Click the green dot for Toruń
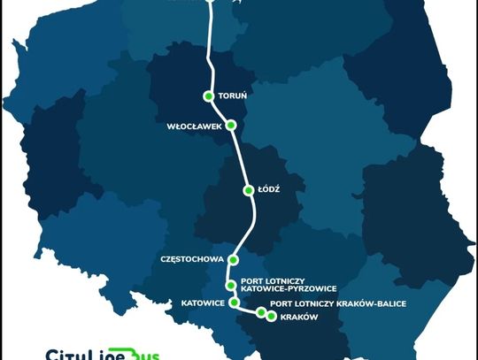(x=209, y=96)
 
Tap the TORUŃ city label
(x=232, y=96)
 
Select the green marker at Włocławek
(x=231, y=126)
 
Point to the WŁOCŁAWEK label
(x=194, y=126)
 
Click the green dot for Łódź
(x=249, y=190)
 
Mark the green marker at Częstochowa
(x=233, y=260)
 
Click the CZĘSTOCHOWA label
(x=192, y=260)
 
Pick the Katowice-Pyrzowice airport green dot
(x=231, y=285)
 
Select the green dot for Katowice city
(x=234, y=303)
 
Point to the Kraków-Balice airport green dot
(x=261, y=312)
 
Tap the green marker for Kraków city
(x=271, y=316)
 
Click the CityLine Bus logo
(x=96, y=353)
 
